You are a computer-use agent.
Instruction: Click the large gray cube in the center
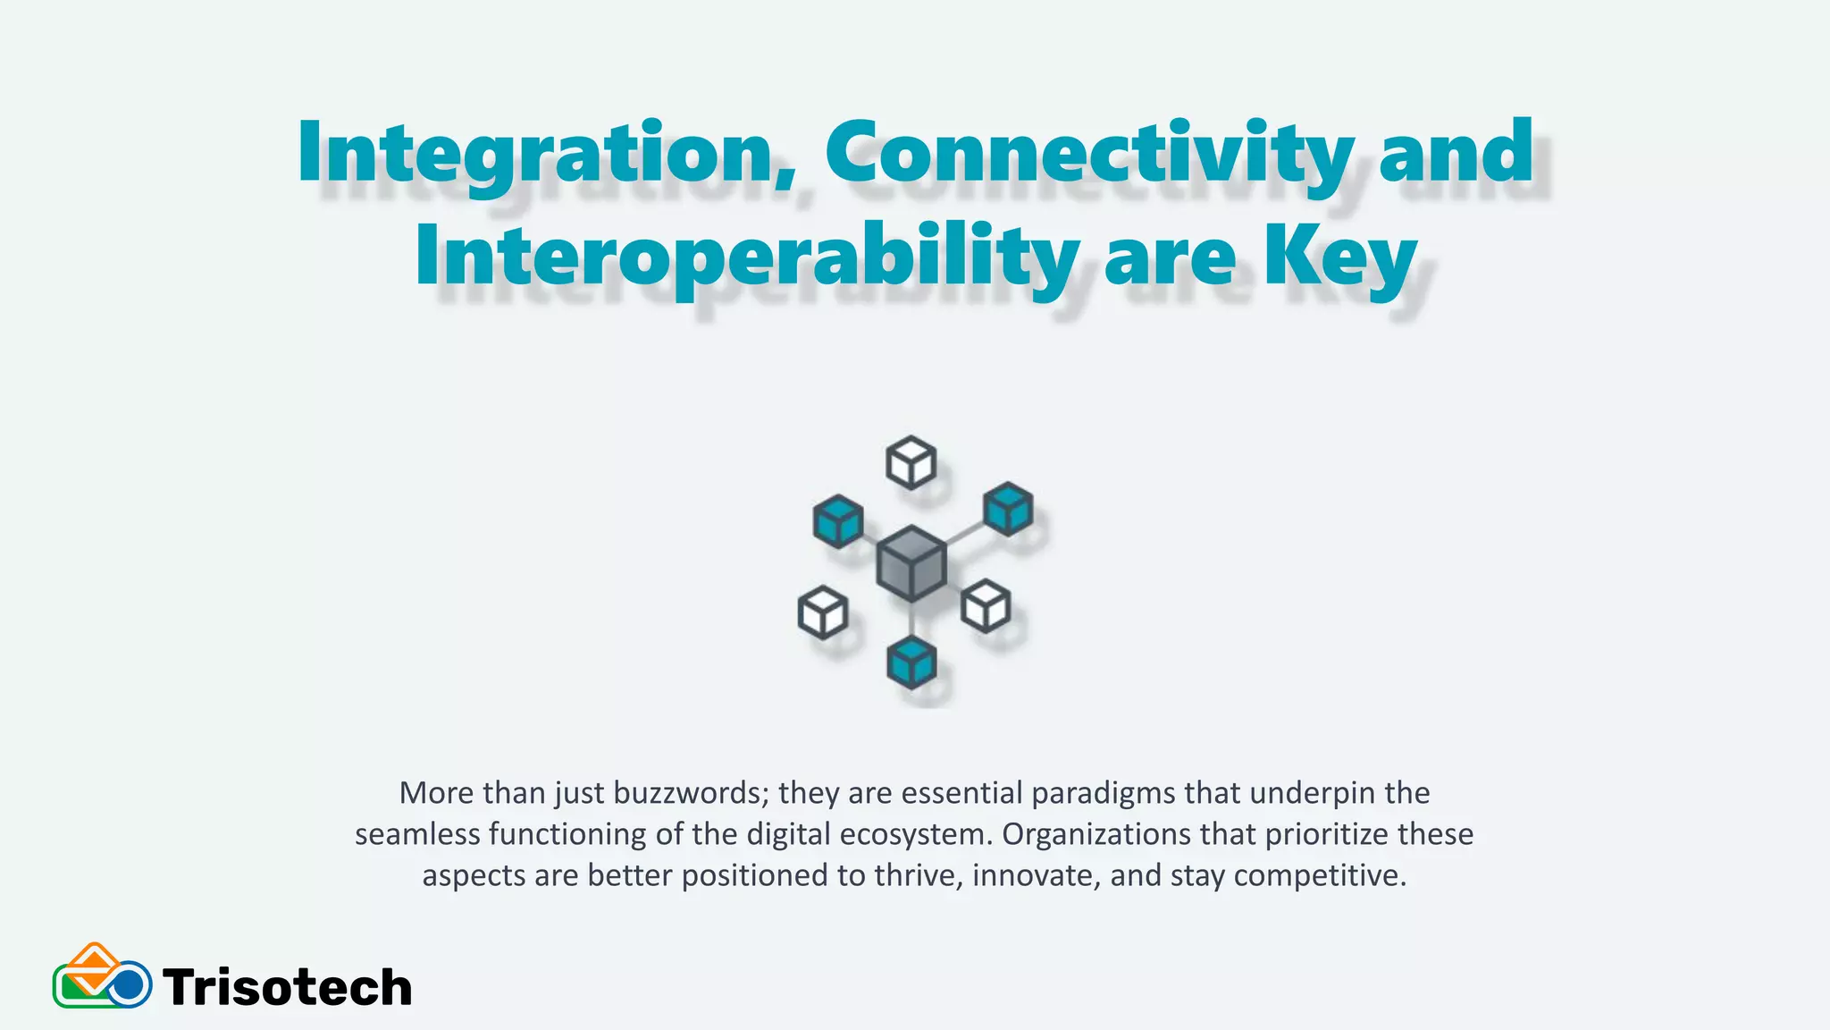pyautogui.click(x=911, y=563)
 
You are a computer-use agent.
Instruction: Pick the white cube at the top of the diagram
pyautogui.click(x=911, y=462)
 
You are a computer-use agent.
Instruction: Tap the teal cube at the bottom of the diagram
pyautogui.click(x=911, y=663)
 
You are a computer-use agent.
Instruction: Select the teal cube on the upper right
pyautogui.click(x=1008, y=509)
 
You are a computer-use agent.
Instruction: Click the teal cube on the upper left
pyautogui.click(x=838, y=520)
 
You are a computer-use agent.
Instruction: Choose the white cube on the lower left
pyautogui.click(x=822, y=612)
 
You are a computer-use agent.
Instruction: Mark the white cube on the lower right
pyautogui.click(x=986, y=606)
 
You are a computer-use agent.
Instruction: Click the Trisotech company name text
pyautogui.click(x=287, y=987)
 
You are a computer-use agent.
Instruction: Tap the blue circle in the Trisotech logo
pyautogui.click(x=130, y=985)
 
